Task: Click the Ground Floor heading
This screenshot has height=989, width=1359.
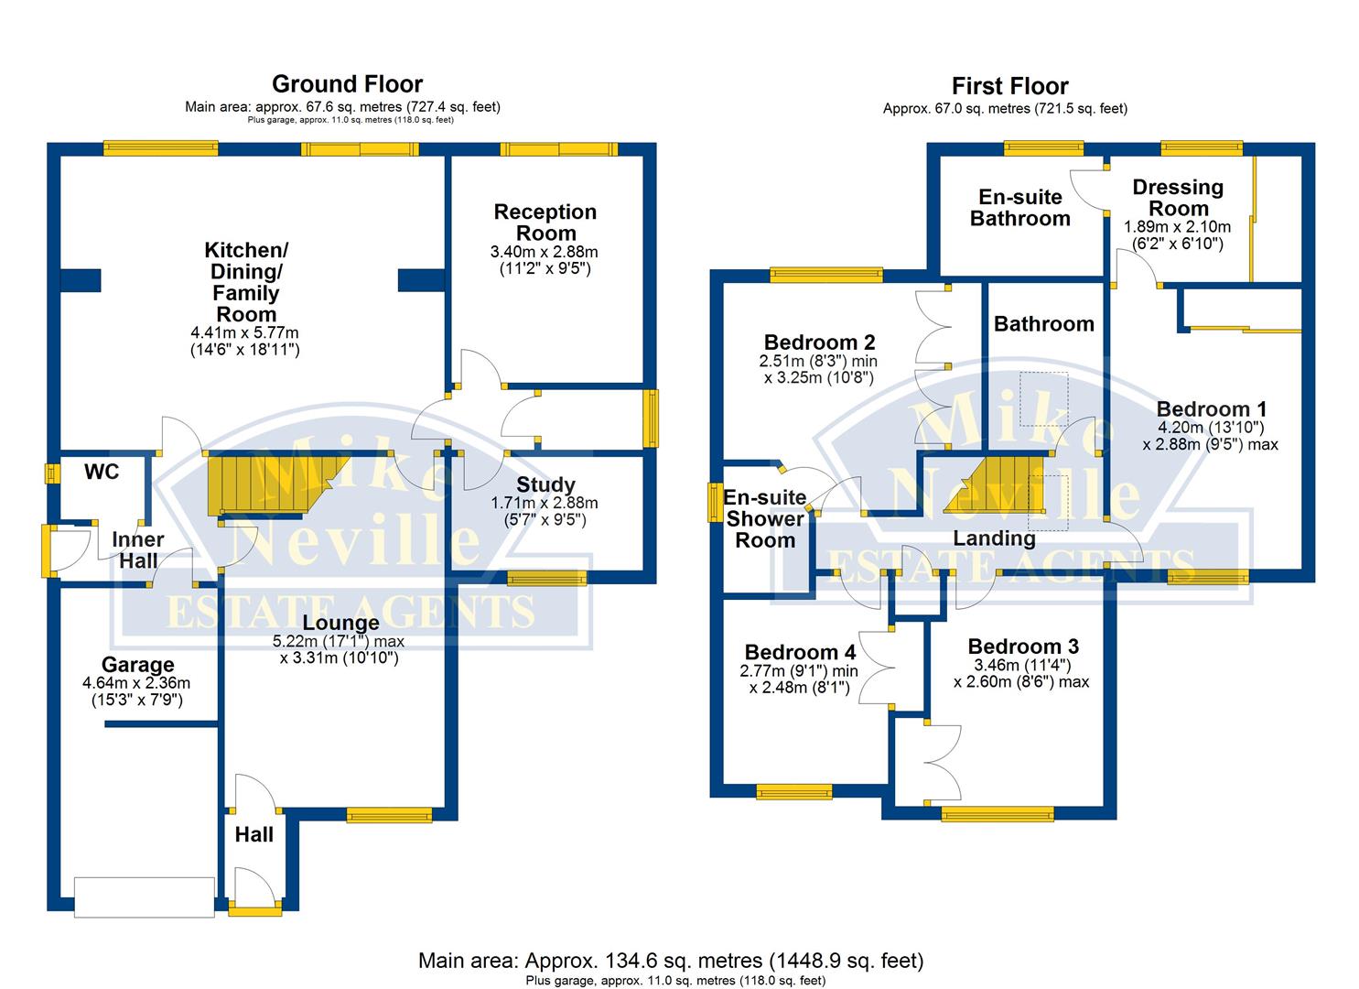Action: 347,83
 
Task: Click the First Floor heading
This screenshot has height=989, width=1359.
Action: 1009,86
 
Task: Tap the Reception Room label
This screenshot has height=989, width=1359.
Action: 545,223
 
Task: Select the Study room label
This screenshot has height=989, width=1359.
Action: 545,484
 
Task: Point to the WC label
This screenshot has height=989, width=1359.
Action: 102,472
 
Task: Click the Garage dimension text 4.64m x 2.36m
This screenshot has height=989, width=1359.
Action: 136,683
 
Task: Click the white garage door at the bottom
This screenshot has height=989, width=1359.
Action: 145,897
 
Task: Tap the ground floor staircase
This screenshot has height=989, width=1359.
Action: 276,485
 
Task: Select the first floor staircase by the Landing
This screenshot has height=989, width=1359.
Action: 994,484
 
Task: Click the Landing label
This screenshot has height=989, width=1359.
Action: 994,538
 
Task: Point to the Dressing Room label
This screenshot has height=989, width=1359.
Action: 1178,197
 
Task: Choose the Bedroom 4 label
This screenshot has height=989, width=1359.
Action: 800,652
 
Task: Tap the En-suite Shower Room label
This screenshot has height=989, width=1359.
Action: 765,518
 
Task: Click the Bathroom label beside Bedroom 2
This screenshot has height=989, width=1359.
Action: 1043,323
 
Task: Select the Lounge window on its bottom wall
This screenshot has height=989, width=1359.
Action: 389,815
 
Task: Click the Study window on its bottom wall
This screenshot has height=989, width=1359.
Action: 546,578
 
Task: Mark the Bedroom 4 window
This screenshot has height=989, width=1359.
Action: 794,791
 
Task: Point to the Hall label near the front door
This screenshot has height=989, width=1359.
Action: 253,835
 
